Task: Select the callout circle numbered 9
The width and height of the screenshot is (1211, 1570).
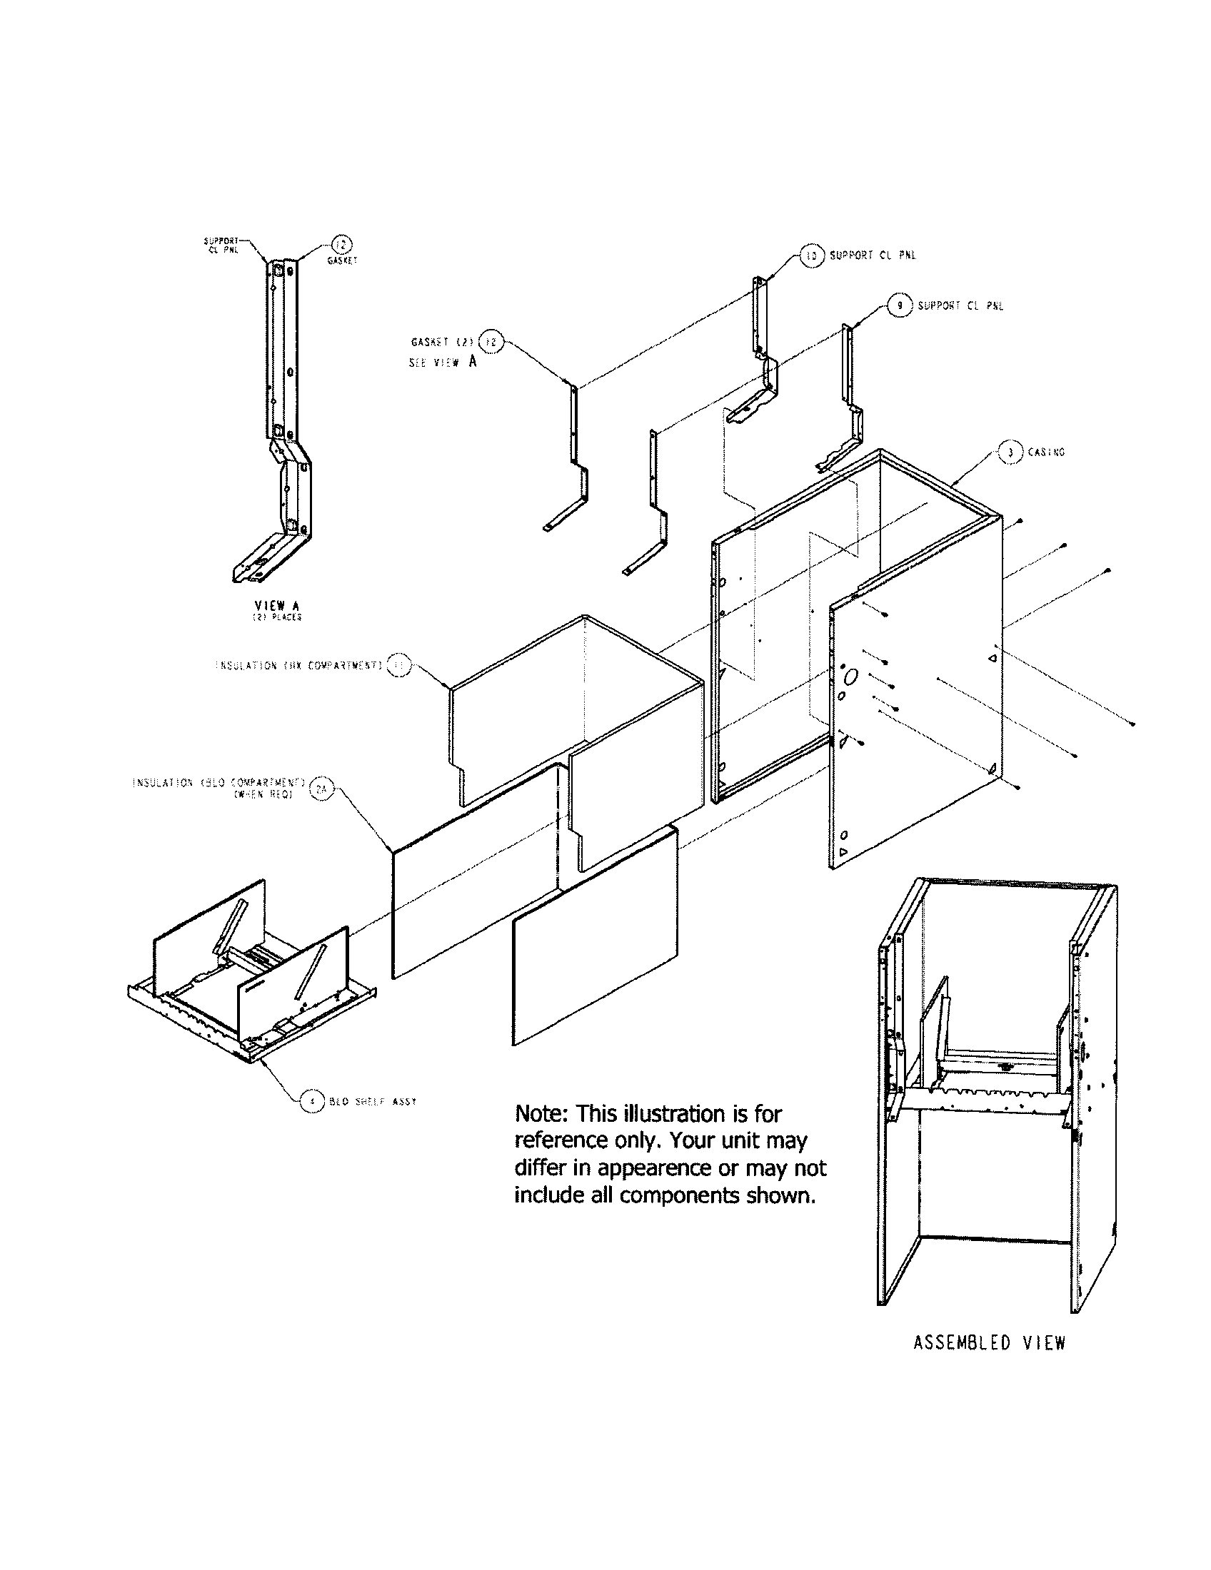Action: [x=899, y=305]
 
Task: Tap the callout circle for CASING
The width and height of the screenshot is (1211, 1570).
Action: [x=1010, y=452]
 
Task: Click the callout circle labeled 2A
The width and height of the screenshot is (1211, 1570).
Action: [x=321, y=790]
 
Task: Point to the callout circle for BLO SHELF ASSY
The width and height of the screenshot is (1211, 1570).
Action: [x=311, y=1101]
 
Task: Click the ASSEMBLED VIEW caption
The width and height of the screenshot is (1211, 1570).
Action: [x=989, y=1343]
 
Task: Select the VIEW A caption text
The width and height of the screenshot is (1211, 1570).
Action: [x=277, y=606]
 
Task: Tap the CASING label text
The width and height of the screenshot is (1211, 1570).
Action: [x=1046, y=452]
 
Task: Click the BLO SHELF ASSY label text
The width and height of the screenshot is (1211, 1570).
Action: [x=373, y=1102]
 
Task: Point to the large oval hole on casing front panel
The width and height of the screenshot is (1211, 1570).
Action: [x=850, y=677]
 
